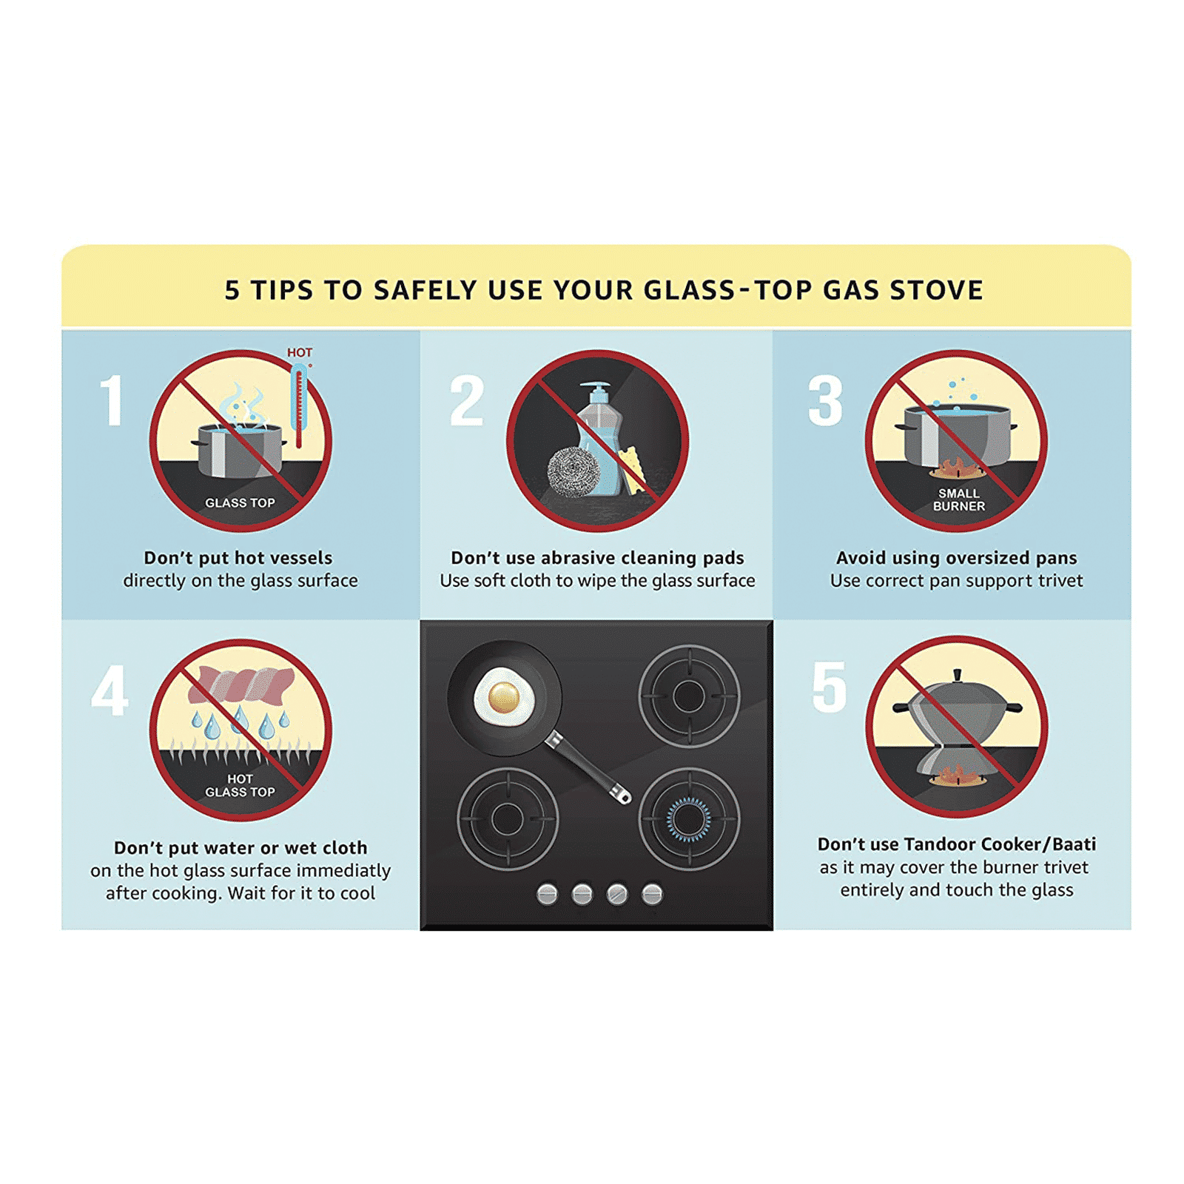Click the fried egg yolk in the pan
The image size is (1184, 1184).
tap(504, 696)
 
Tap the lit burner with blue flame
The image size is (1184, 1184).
tap(689, 819)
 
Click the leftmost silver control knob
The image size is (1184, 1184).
tap(547, 894)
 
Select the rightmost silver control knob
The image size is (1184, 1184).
tap(652, 894)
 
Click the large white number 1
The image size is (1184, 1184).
tap(112, 400)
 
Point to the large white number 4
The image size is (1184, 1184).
tap(110, 690)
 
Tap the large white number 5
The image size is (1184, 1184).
tap(829, 687)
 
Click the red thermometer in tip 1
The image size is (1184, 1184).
tap(299, 406)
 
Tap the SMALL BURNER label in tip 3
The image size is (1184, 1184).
tap(959, 499)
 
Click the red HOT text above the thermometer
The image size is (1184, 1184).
tap(300, 353)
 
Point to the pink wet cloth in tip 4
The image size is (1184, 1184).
tap(241, 684)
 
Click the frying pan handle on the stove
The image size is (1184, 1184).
tap(588, 767)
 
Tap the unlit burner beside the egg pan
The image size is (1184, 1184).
tap(689, 696)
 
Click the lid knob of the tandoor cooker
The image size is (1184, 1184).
tap(958, 676)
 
